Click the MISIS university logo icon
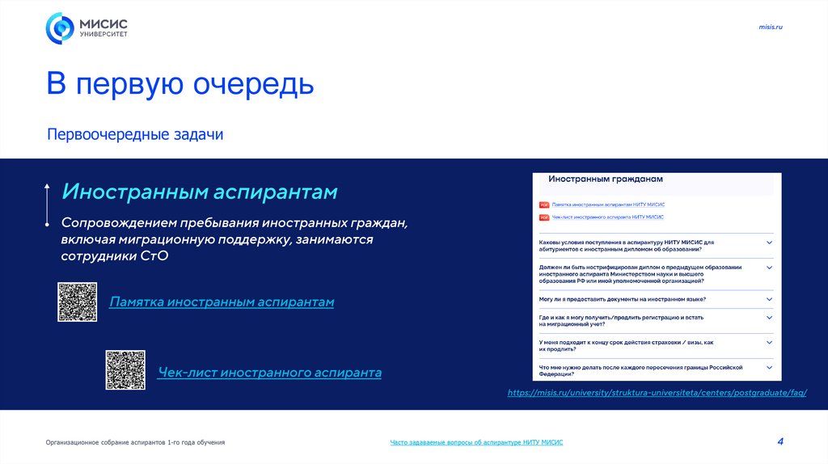(x=59, y=28)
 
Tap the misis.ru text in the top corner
(x=771, y=27)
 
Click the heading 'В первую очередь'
(x=180, y=84)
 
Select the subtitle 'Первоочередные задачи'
(x=134, y=134)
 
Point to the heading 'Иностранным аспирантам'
(x=200, y=192)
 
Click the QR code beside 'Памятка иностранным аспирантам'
(x=77, y=302)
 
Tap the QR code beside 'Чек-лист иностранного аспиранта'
(x=125, y=370)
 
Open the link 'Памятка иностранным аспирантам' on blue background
(x=222, y=302)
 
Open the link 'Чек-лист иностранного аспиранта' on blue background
(x=269, y=373)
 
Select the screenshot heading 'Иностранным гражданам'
(x=605, y=179)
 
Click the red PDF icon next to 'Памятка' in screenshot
(x=544, y=205)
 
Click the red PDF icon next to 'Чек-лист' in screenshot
(x=544, y=217)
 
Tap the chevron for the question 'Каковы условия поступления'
(x=769, y=243)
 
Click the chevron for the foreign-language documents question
(x=769, y=298)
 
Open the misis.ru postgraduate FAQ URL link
(x=657, y=392)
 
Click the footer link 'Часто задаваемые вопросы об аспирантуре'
(x=476, y=442)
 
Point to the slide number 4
(x=780, y=441)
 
